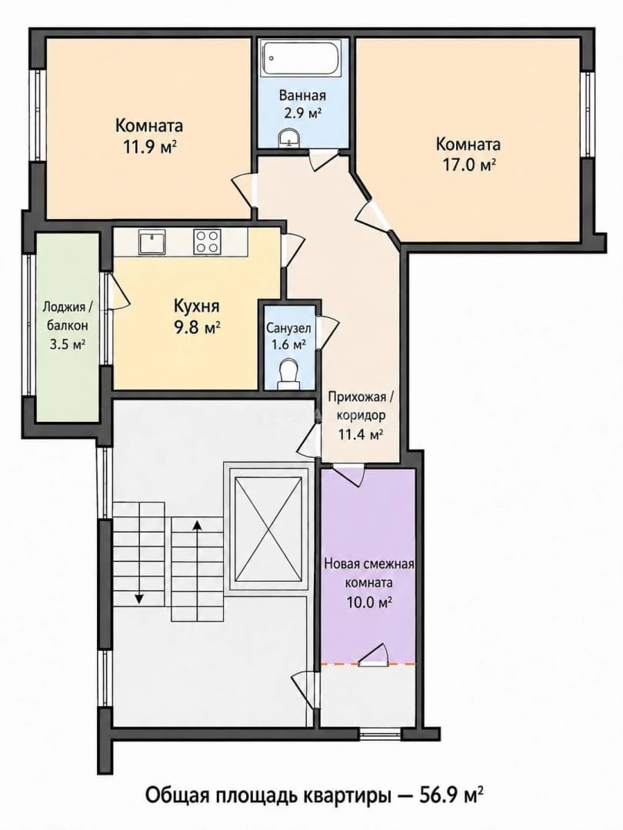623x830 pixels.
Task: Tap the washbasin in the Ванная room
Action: click(x=289, y=137)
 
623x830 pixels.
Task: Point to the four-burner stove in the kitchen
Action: click(x=207, y=241)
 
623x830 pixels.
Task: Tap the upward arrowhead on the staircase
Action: click(x=197, y=524)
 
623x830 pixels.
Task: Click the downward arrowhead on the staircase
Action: click(x=138, y=599)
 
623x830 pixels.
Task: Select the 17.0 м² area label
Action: click(x=469, y=165)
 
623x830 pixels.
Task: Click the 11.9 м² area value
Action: click(x=150, y=147)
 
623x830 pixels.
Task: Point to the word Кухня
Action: click(x=197, y=306)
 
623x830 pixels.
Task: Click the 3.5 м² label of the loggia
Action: click(x=65, y=344)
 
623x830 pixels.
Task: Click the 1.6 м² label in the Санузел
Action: click(x=288, y=345)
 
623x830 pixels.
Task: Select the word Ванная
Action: click(x=302, y=96)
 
